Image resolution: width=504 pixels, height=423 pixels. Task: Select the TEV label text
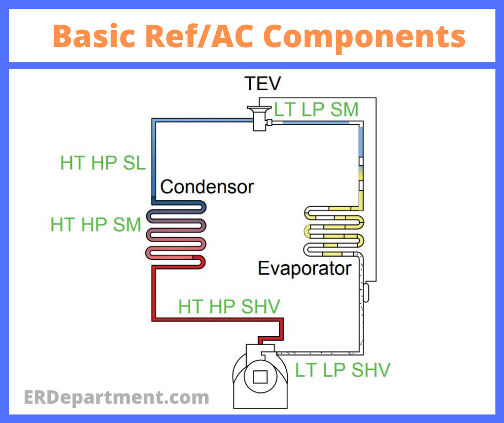pyautogui.click(x=262, y=84)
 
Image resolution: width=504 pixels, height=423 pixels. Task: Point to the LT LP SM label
pyautogui.click(x=316, y=110)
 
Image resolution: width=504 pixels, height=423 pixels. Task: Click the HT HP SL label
pyautogui.click(x=102, y=163)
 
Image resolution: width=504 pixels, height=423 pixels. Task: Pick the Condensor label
pyautogui.click(x=207, y=187)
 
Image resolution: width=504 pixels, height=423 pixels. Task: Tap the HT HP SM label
pyautogui.click(x=95, y=224)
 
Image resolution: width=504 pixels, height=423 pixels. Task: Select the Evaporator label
pyautogui.click(x=305, y=268)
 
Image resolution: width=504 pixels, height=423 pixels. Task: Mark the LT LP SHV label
pyautogui.click(x=343, y=370)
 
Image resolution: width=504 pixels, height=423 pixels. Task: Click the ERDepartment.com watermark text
pyautogui.click(x=116, y=398)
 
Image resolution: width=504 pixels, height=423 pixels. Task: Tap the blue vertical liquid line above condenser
pyautogui.click(x=154, y=161)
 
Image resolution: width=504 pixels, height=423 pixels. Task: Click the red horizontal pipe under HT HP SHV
pyautogui.click(x=214, y=319)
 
